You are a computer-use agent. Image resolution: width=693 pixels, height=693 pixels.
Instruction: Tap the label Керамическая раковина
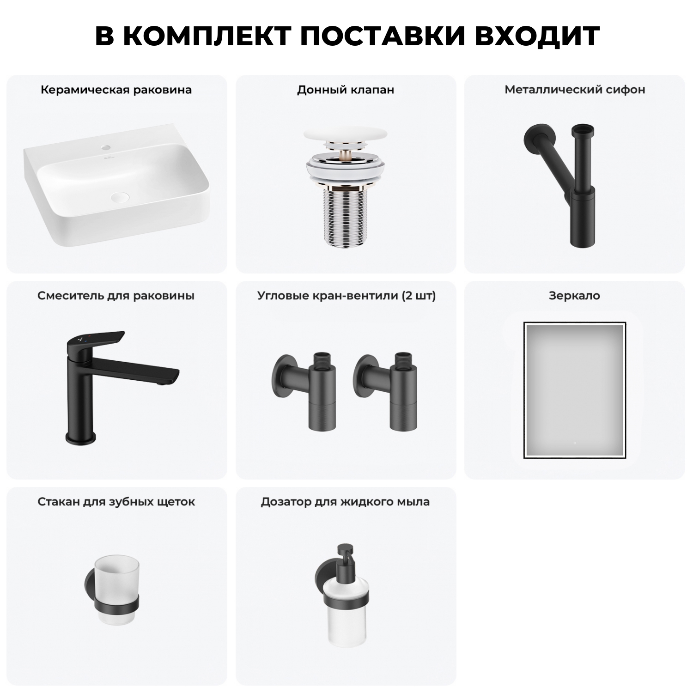click(x=116, y=90)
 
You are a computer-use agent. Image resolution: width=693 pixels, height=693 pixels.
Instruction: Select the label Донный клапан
click(x=346, y=90)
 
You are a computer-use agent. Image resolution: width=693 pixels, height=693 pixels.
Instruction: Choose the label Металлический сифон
click(x=575, y=90)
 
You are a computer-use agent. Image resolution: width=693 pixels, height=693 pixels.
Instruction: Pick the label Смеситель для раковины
click(x=116, y=296)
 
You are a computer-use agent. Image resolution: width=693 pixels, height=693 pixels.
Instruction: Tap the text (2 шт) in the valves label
click(x=419, y=296)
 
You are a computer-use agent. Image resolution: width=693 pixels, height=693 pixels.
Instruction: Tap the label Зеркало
click(x=574, y=296)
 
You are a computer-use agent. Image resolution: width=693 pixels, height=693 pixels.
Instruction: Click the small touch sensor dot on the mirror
click(x=575, y=443)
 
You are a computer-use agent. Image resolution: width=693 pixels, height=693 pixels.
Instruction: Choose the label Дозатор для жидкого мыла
click(x=345, y=502)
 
